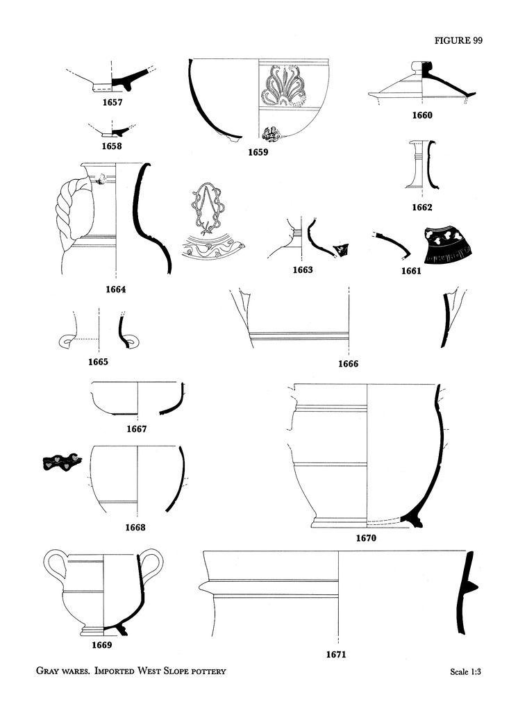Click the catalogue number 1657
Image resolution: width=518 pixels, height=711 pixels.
(x=112, y=102)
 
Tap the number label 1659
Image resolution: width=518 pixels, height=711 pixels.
(x=258, y=152)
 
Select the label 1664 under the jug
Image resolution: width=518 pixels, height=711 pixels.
(x=116, y=290)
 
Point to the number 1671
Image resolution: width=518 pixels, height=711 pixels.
(x=335, y=654)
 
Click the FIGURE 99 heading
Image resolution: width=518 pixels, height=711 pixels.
(x=458, y=40)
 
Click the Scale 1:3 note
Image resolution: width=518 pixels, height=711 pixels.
(x=465, y=671)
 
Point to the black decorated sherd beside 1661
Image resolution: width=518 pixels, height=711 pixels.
(x=446, y=245)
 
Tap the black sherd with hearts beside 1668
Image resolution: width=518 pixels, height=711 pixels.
(x=62, y=462)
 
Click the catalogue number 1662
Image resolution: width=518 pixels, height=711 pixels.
(x=422, y=207)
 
